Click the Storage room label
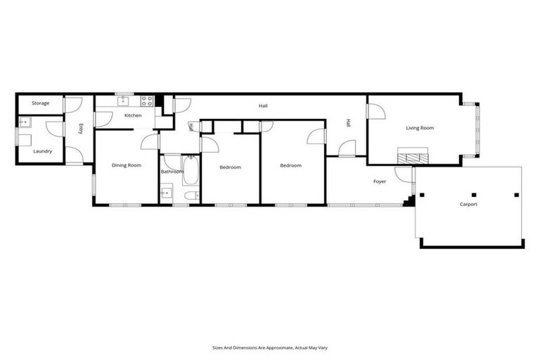click(40, 103)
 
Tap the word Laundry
click(42, 150)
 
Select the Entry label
click(81, 129)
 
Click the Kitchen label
click(133, 115)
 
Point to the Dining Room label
click(127, 165)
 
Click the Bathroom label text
click(172, 172)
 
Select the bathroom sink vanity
click(167, 192)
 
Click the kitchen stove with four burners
click(148, 100)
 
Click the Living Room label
click(420, 128)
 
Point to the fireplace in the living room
click(412, 157)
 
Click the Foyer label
click(380, 181)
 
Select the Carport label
click(468, 205)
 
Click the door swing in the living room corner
click(375, 110)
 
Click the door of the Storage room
click(72, 104)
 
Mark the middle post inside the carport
click(473, 194)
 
